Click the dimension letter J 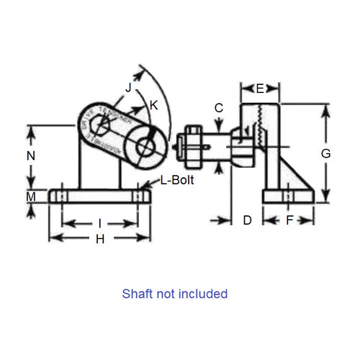click(127, 87)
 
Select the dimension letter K click(153, 104)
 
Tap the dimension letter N click(31, 156)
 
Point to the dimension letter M click(31, 197)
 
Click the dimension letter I click(99, 223)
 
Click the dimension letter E click(260, 89)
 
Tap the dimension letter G click(325, 153)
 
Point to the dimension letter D click(246, 220)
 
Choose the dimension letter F click(289, 220)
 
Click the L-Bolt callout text click(176, 182)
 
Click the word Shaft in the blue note click(137, 294)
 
